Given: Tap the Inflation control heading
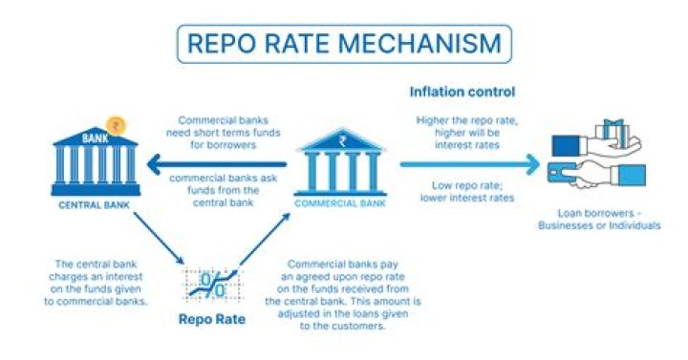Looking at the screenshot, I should pyautogui.click(x=462, y=93).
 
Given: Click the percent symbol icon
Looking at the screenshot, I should pyautogui.click(x=212, y=286).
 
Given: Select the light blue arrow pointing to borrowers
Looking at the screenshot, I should pyautogui.click(x=468, y=163).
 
